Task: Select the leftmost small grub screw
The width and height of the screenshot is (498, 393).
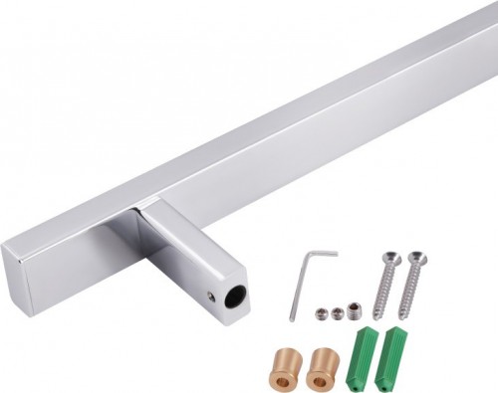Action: coord(322,313)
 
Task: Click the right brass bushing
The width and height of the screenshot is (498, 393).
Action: coord(322,367)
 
